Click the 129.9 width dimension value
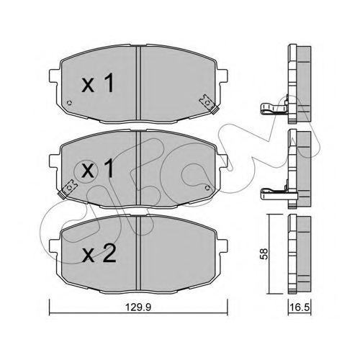(x=139, y=307)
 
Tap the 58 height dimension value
(x=264, y=254)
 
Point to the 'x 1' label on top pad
(x=98, y=84)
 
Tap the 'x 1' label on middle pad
(x=98, y=168)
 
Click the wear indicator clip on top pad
(x=210, y=104)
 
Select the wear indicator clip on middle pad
(x=68, y=189)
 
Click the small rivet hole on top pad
(x=70, y=103)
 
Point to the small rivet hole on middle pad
(x=207, y=187)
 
